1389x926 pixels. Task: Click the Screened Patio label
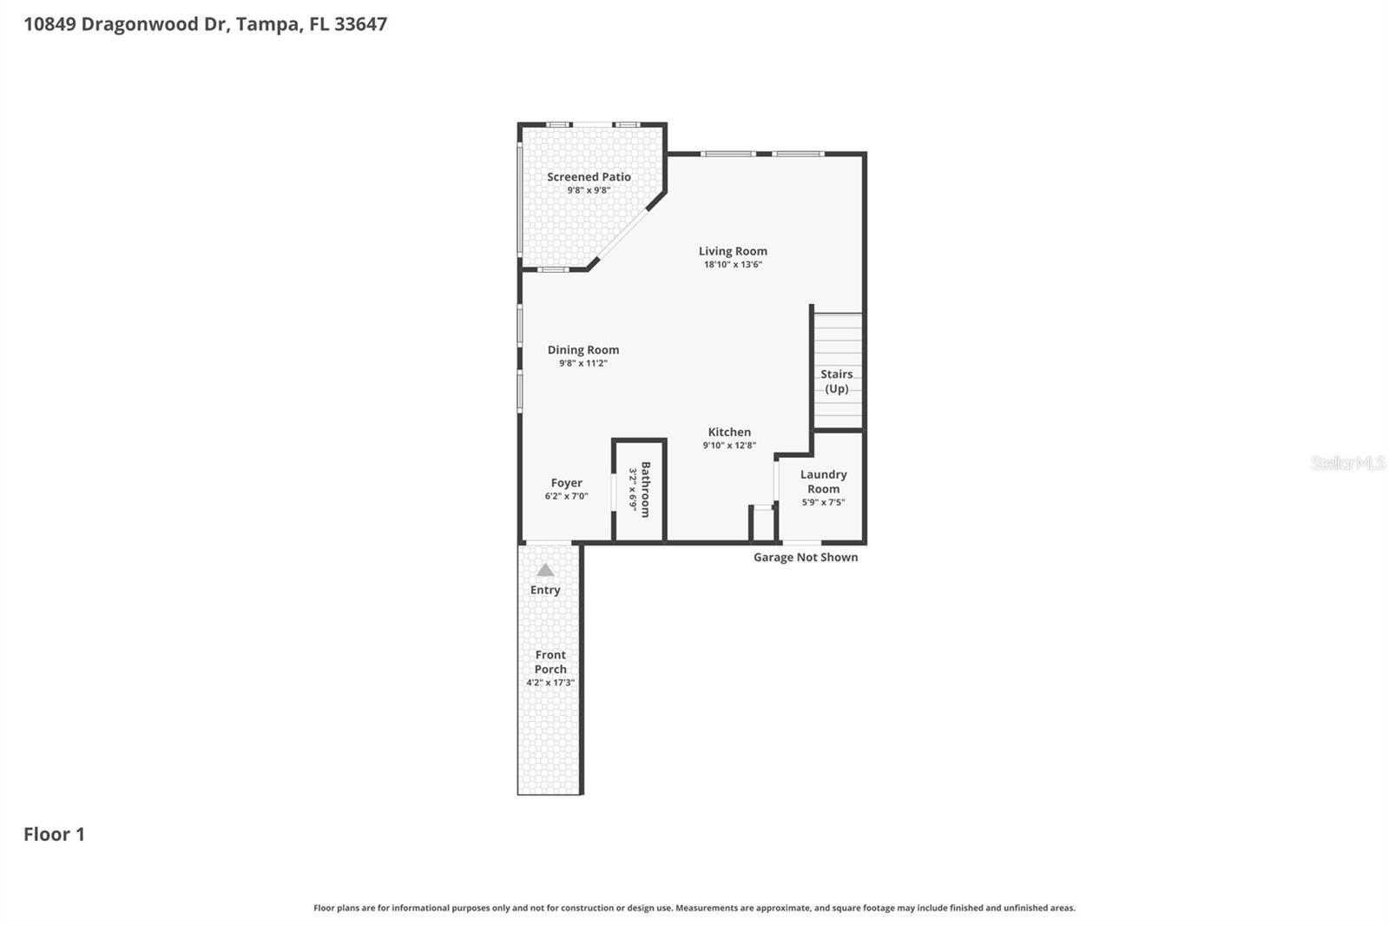point(589,176)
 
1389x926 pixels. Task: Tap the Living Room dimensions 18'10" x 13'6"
point(733,265)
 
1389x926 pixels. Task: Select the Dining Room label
point(583,350)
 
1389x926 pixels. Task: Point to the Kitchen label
point(729,432)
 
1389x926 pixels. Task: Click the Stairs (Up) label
point(837,381)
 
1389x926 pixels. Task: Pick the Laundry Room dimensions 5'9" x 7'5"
point(823,502)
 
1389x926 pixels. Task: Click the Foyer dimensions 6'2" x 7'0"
point(566,496)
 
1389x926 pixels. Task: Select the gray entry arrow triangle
point(545,571)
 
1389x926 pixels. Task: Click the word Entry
point(545,590)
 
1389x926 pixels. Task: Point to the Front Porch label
point(550,662)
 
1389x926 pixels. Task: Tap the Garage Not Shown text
point(806,557)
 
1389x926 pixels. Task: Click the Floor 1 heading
point(54,834)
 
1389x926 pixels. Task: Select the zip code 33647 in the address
point(360,24)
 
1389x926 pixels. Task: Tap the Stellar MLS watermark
point(1347,463)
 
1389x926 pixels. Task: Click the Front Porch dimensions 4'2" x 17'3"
point(550,683)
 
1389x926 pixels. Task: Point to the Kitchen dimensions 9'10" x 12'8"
point(729,446)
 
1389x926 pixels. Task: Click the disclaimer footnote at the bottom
point(694,908)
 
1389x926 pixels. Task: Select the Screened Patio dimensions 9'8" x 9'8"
point(589,190)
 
